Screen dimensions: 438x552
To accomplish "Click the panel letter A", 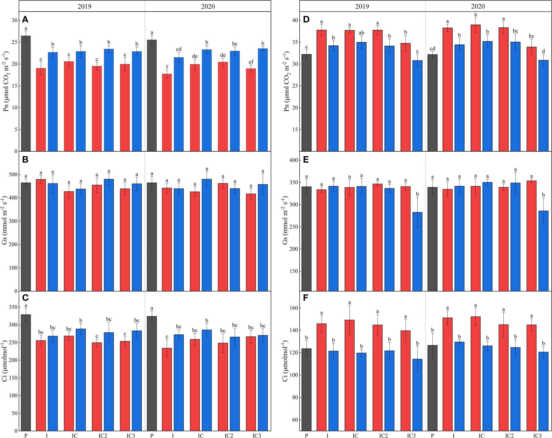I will pos(25,20).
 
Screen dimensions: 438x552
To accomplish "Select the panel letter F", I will pos(306,298).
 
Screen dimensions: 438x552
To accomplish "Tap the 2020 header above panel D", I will pos(478,6).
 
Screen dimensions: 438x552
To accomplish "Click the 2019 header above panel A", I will pos(84,6).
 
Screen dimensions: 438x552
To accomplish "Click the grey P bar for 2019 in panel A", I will pos(26,93).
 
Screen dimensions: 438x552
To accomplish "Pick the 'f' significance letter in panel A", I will pos(167,67).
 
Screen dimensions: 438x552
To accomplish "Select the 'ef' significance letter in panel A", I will pos(251,62).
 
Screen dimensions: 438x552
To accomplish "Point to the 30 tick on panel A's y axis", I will pos(14,20).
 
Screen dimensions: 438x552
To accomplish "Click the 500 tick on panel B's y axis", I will pos(13,174).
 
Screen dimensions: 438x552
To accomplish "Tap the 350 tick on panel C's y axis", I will pos(13,307).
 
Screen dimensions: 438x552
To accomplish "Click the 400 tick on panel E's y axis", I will pos(293,160).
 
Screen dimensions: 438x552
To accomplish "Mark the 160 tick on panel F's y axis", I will pos(293,308).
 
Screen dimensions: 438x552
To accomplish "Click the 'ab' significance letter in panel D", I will pos(361,33).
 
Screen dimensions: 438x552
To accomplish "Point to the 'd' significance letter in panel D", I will pos(543,51).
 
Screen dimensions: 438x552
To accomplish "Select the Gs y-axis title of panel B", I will pos(4,220).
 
